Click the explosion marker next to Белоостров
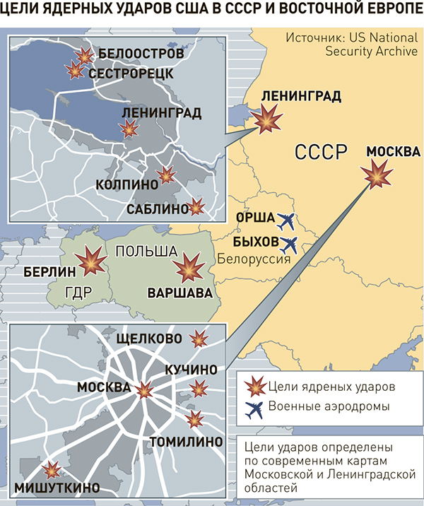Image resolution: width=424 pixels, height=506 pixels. [x=85, y=56]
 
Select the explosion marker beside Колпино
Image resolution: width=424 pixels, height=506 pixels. [x=166, y=175]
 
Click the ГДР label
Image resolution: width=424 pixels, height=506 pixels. [x=79, y=291]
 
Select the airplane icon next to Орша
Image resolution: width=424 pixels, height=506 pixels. [x=287, y=222]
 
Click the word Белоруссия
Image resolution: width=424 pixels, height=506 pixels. [x=254, y=259]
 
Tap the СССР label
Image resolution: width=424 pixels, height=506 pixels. [x=322, y=151]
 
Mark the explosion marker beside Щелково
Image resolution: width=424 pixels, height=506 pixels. [x=200, y=339]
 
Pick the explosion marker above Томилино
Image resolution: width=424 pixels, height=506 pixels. [x=194, y=418]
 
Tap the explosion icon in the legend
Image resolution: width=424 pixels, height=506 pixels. [x=252, y=387]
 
